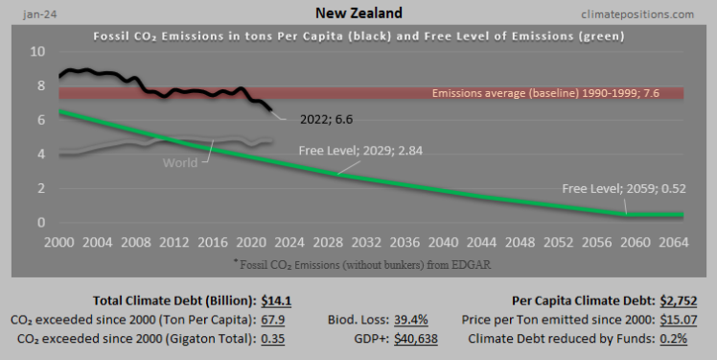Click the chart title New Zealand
(358, 14)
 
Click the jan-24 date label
(28, 13)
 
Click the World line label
(178, 162)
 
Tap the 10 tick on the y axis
(37, 52)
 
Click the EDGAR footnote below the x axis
(363, 262)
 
